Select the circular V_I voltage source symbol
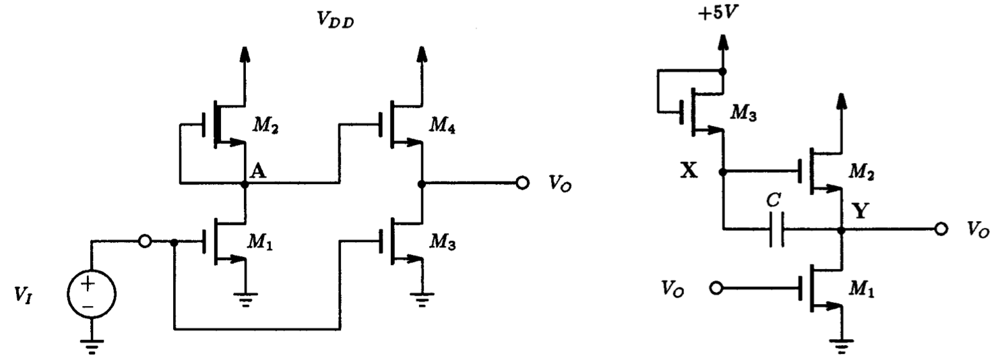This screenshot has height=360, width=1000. pyautogui.click(x=92, y=295)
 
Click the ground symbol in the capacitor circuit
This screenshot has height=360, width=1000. pyautogui.click(x=840, y=347)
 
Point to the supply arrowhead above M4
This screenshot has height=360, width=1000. pyautogui.click(x=423, y=55)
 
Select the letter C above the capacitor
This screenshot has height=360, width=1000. pyautogui.click(x=775, y=201)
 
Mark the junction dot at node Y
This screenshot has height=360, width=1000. pyautogui.click(x=840, y=231)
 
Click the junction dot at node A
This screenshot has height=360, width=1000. pyautogui.click(x=245, y=183)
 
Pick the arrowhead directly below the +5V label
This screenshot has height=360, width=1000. pyautogui.click(x=722, y=43)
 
